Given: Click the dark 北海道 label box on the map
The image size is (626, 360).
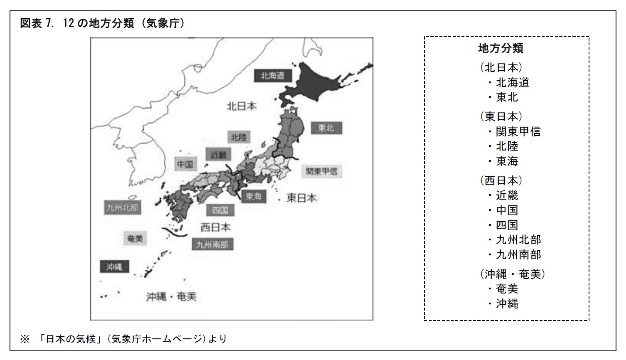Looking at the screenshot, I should (x=272, y=76).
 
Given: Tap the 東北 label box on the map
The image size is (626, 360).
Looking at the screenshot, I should (x=326, y=128).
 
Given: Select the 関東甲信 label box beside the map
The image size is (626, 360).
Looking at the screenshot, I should (x=322, y=171).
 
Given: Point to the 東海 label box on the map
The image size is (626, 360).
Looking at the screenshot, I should (x=253, y=196).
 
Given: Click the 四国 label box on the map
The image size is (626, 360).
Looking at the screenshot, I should (x=220, y=210).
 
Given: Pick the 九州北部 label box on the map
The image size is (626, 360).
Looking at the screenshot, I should (x=122, y=207).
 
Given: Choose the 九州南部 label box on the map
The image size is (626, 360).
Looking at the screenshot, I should (x=212, y=244).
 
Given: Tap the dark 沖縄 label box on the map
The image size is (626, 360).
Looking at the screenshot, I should (x=114, y=267).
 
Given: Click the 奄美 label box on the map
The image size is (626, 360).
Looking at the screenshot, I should (x=135, y=238).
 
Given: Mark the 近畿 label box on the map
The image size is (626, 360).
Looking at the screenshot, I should (x=218, y=154).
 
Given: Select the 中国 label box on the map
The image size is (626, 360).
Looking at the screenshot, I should (x=185, y=164).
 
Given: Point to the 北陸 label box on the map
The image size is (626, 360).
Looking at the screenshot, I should (x=239, y=137).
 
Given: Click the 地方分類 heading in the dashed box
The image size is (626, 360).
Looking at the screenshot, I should (x=501, y=48).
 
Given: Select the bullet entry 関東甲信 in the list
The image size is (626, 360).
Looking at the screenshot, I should (x=518, y=132).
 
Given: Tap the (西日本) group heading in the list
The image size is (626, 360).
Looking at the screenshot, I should (x=501, y=180).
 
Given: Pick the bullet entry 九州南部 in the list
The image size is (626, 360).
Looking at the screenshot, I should (x=518, y=254).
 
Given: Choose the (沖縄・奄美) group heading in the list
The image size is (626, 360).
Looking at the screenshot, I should (x=512, y=274).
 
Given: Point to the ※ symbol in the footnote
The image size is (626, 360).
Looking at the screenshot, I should (x=25, y=339).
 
